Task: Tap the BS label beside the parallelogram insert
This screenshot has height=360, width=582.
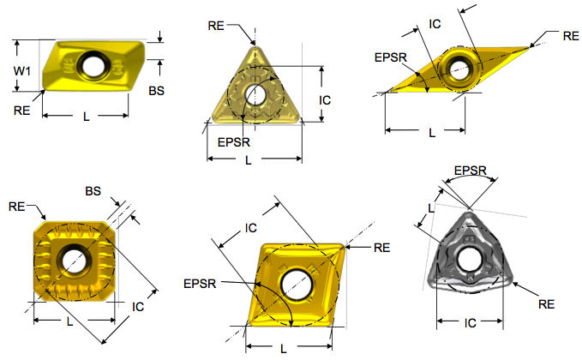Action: click(x=157, y=90)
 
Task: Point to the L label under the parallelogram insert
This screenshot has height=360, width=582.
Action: click(x=86, y=117)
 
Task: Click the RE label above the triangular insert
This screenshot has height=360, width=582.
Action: click(x=217, y=26)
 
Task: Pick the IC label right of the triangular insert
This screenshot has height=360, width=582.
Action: click(x=325, y=100)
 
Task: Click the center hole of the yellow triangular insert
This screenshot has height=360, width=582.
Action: click(x=255, y=93)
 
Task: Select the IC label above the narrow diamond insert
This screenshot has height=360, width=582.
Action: click(x=435, y=25)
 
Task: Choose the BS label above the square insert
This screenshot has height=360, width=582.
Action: click(x=93, y=190)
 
